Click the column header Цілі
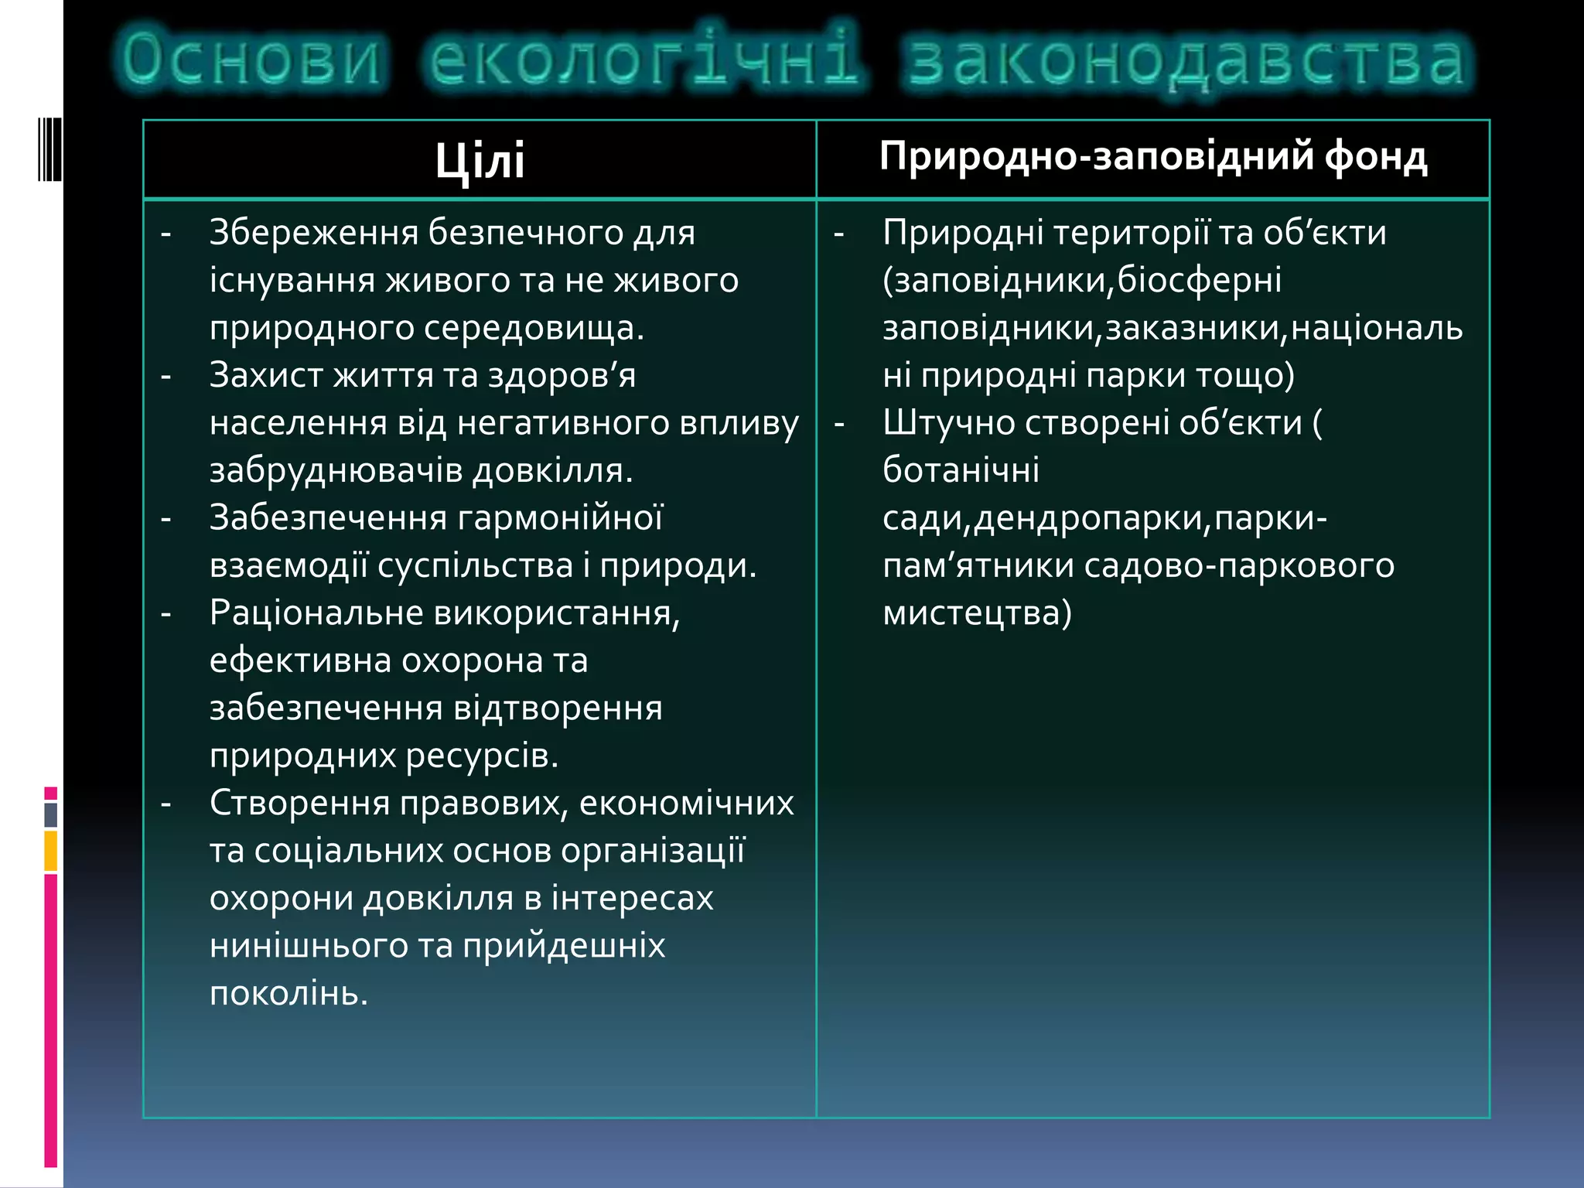(x=480, y=161)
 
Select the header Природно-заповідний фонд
(x=1152, y=157)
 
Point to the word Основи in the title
(x=252, y=60)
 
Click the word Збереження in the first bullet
(x=313, y=233)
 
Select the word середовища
(x=534, y=328)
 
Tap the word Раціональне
(x=316, y=613)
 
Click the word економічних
(x=686, y=804)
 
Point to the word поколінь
(x=288, y=994)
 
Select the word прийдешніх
(x=564, y=946)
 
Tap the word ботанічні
(x=961, y=470)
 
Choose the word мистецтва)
(x=977, y=613)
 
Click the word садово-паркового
(x=1239, y=566)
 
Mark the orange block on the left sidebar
(x=50, y=851)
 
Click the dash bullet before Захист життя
(x=166, y=376)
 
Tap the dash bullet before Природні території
(x=838, y=233)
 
